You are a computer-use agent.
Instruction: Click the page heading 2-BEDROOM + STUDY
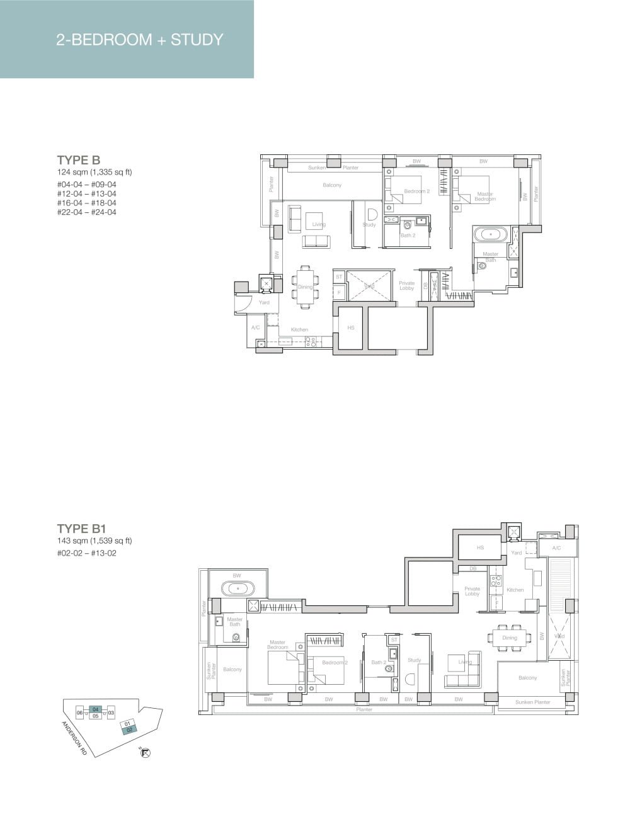(x=139, y=40)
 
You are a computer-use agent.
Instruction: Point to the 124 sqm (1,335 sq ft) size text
(x=94, y=172)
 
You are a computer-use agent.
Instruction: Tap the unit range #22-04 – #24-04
(x=86, y=212)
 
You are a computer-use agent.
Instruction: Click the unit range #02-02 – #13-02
(x=86, y=554)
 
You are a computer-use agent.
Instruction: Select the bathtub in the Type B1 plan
(x=238, y=590)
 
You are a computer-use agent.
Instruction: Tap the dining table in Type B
(x=305, y=287)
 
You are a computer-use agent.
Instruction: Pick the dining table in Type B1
(x=510, y=638)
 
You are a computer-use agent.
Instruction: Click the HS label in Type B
(x=351, y=328)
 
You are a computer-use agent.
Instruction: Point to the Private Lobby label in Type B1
(x=472, y=592)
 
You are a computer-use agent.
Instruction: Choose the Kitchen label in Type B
(x=299, y=329)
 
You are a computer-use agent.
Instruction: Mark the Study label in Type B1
(x=414, y=660)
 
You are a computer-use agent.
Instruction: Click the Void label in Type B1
(x=559, y=636)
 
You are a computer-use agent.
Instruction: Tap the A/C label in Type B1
(x=556, y=548)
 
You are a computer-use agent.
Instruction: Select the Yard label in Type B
(x=264, y=302)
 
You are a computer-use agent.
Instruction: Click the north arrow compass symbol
(x=146, y=752)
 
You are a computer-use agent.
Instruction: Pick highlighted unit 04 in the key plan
(x=96, y=709)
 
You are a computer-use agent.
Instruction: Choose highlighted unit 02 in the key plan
(x=129, y=730)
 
